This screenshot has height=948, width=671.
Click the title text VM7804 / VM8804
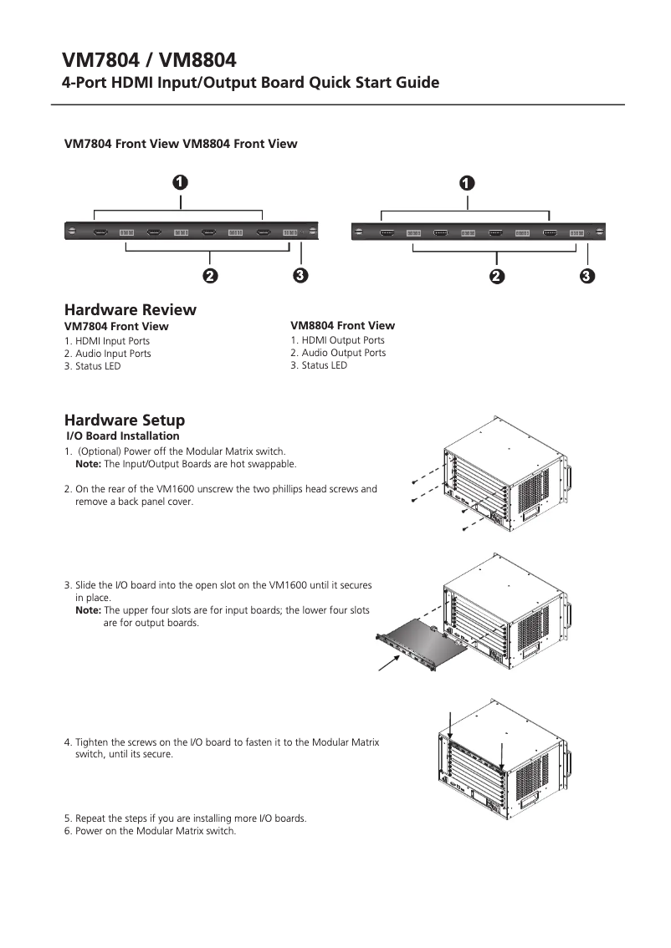point(150,60)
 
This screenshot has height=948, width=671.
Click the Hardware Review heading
point(131,309)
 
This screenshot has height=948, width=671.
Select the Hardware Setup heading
point(125,420)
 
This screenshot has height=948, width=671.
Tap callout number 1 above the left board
point(179,181)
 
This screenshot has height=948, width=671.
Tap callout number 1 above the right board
point(467,181)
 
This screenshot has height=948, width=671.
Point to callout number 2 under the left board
point(209,275)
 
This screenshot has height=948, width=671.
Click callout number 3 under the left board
point(300,275)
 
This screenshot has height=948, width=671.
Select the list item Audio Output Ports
point(343,353)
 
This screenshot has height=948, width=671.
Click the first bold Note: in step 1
point(89,464)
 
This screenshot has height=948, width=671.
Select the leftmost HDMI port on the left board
point(100,232)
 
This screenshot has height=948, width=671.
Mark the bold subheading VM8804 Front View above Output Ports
point(342,325)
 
